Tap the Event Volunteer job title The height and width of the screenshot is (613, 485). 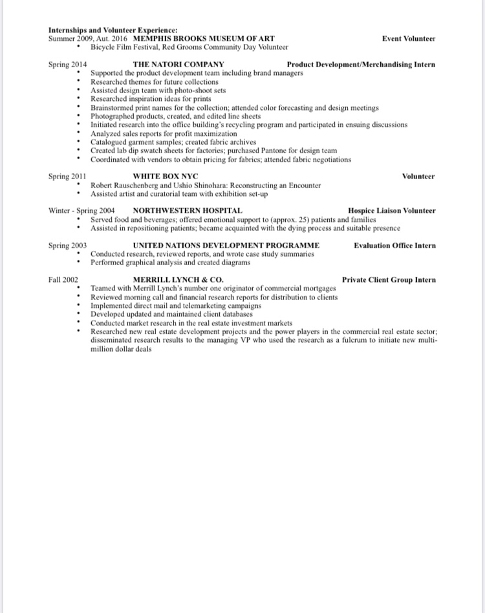click(408, 39)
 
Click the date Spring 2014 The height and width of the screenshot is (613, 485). click(68, 65)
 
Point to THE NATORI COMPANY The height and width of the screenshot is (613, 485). click(178, 65)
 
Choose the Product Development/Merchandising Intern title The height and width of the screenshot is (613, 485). click(360, 65)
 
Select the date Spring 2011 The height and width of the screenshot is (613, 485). click(68, 177)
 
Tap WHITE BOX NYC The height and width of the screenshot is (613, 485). click(165, 177)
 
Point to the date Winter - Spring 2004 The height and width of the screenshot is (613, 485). click(81, 211)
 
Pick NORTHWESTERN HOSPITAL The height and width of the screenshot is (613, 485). click(188, 211)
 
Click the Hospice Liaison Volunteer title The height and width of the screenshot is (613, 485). click(391, 211)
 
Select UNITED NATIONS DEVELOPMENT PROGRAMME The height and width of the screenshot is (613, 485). click(226, 246)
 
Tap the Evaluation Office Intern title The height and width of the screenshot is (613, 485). click(394, 246)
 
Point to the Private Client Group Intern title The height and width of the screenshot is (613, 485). click(388, 280)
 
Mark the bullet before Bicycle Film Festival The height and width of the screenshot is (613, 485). click(79, 48)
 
